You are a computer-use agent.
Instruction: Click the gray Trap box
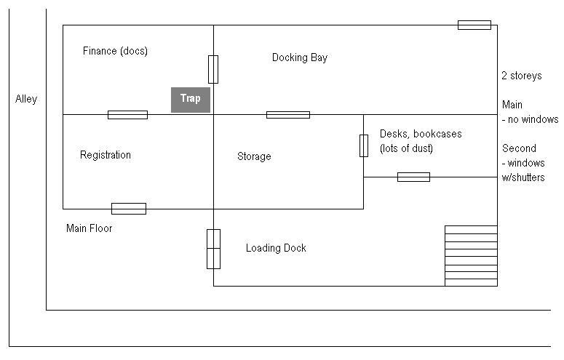pyautogui.click(x=191, y=100)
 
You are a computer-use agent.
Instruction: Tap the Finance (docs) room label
pyautogui.click(x=115, y=51)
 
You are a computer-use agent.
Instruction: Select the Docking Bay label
pyautogui.click(x=299, y=57)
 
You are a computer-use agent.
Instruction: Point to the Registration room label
pyautogui.click(x=106, y=155)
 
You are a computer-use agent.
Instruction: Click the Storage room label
pyautogui.click(x=254, y=156)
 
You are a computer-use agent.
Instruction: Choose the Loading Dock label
pyautogui.click(x=276, y=248)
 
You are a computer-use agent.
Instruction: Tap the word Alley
pyautogui.click(x=26, y=99)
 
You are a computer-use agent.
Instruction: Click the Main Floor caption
pyautogui.click(x=89, y=228)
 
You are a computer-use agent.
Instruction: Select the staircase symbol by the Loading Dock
pyautogui.click(x=471, y=255)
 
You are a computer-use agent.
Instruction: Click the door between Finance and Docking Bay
pyautogui.click(x=213, y=69)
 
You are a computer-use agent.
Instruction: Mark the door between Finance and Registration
pyautogui.click(x=127, y=114)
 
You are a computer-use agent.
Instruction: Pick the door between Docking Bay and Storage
pyautogui.click(x=287, y=114)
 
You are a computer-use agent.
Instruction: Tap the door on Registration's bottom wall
pyautogui.click(x=128, y=209)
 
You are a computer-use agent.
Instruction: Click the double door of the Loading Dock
pyautogui.click(x=213, y=249)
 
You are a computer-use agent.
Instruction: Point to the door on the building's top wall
pyautogui.click(x=474, y=25)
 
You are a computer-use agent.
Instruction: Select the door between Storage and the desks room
pyautogui.click(x=363, y=145)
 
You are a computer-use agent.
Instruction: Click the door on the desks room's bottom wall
pyautogui.click(x=413, y=177)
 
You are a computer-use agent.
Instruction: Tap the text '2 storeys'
pyautogui.click(x=521, y=76)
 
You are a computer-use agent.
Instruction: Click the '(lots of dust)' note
pyautogui.click(x=406, y=148)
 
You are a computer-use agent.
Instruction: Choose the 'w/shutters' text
pyautogui.click(x=523, y=177)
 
